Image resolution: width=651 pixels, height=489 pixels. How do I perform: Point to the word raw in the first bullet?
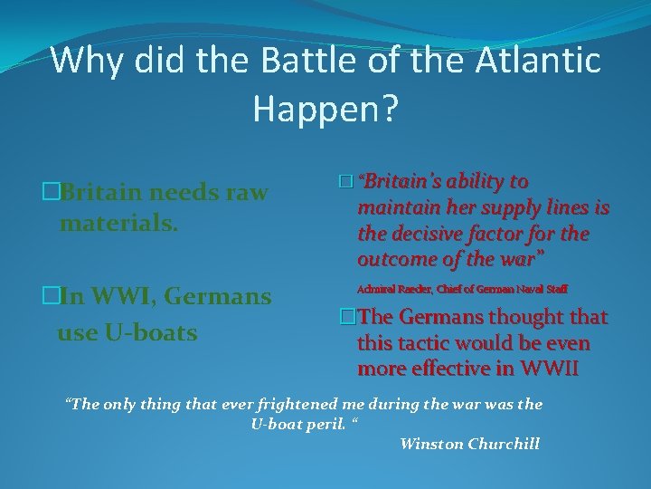(249, 192)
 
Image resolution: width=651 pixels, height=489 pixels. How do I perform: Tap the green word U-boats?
(151, 332)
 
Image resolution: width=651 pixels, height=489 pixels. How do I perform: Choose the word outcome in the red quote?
(394, 260)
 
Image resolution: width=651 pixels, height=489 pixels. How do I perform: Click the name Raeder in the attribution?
(415, 289)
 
